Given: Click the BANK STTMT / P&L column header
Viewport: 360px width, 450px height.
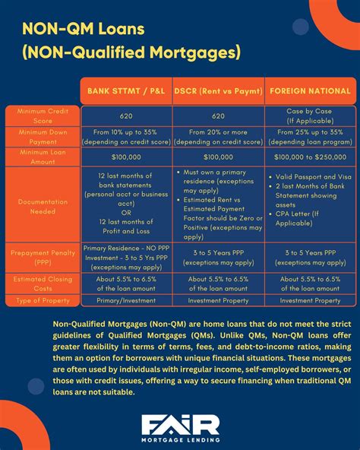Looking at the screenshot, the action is tap(126, 91).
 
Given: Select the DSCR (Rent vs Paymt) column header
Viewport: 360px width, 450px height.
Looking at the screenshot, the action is tap(219, 91).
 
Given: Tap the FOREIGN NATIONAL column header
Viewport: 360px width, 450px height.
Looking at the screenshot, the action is tap(311, 91).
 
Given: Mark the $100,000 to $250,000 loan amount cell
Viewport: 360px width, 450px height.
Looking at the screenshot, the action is tap(311, 157).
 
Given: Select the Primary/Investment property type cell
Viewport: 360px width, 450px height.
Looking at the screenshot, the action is tap(126, 300).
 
